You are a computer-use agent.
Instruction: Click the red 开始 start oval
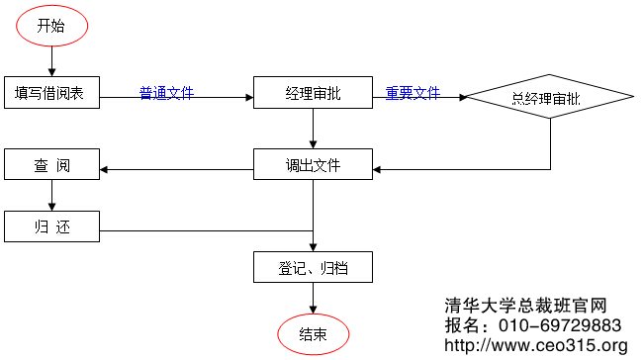50,27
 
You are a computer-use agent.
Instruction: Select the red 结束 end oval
314,334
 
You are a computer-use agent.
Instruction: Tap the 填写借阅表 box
50,95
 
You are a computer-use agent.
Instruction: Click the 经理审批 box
313,95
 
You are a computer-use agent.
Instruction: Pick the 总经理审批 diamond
549,97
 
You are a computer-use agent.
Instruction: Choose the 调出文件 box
313,165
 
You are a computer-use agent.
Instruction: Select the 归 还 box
50,226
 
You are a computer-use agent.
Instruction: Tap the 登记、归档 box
313,267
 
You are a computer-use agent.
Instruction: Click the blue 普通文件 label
166,93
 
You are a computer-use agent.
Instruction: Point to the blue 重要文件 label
413,93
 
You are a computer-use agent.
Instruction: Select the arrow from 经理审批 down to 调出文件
314,131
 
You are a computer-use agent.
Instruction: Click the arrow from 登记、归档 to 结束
314,300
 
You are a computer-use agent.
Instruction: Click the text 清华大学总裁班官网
524,308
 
